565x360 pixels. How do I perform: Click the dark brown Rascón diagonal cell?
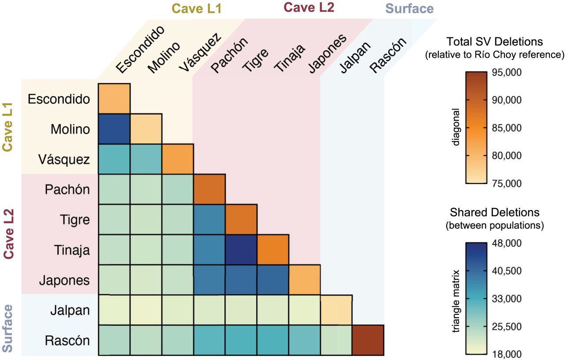(x=368, y=340)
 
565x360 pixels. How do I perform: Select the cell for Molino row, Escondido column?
(x=114, y=129)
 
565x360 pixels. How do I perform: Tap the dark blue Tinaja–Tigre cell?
(x=241, y=250)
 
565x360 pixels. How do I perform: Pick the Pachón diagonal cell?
(x=209, y=189)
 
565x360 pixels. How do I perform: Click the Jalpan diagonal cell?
(x=336, y=310)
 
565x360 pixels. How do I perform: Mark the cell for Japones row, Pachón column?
(x=209, y=280)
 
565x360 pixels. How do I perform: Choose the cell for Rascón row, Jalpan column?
(x=336, y=340)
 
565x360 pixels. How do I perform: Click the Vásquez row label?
(x=64, y=160)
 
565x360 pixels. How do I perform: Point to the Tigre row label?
(x=75, y=220)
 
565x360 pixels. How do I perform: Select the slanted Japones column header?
(x=327, y=54)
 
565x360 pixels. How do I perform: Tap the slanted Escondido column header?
(x=140, y=49)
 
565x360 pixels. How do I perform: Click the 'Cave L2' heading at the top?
(x=309, y=7)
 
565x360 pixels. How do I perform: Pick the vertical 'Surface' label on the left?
(x=7, y=328)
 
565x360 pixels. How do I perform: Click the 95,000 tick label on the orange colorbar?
(x=507, y=72)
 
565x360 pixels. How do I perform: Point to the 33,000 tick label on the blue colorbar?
(x=507, y=299)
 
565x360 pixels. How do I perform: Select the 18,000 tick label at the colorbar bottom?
(x=507, y=354)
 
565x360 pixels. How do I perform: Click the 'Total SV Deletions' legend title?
(x=495, y=41)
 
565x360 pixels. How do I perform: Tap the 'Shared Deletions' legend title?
(x=495, y=212)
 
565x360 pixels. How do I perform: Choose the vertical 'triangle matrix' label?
(x=456, y=301)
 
